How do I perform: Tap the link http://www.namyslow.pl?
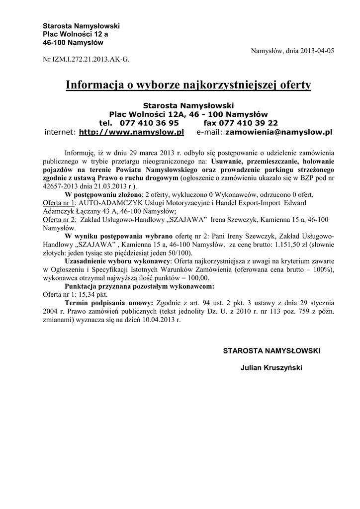tap(132, 132)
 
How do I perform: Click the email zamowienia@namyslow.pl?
tap(278, 132)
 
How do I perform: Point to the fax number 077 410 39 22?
tap(248, 123)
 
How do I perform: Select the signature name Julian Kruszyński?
tap(271, 368)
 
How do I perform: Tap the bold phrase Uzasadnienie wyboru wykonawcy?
tap(118, 261)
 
